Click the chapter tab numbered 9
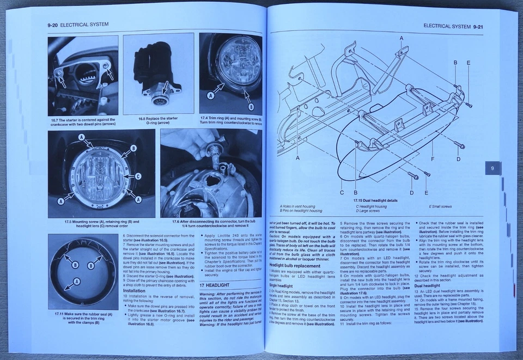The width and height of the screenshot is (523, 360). (x=492, y=168)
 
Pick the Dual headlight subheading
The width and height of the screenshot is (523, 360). (x=427, y=285)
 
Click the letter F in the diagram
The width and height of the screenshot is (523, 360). (x=432, y=160)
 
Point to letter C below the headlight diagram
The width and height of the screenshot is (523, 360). (x=342, y=193)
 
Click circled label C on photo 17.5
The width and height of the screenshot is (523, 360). (x=138, y=176)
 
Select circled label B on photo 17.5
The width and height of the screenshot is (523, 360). (x=133, y=148)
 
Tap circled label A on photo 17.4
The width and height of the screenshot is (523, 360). (x=209, y=96)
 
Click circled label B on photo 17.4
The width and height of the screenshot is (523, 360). (x=251, y=106)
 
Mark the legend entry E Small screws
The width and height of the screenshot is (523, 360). (x=440, y=206)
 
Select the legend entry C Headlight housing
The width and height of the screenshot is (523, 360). (x=372, y=206)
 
